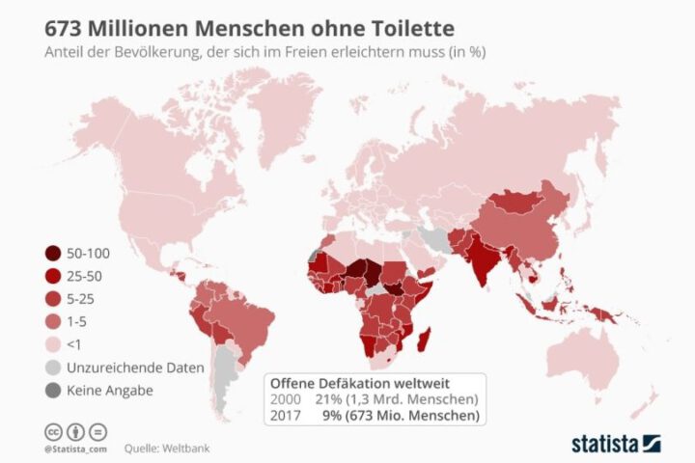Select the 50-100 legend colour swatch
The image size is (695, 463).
(x=52, y=254)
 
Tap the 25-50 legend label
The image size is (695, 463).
(x=89, y=276)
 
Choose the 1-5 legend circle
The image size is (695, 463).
(x=52, y=321)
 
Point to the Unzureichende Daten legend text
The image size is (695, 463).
(x=135, y=368)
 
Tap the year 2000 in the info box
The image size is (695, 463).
(x=285, y=399)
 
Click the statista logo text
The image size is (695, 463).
(x=605, y=444)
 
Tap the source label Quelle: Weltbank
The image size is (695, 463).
(x=166, y=449)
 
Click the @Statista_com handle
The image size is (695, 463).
(x=74, y=449)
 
